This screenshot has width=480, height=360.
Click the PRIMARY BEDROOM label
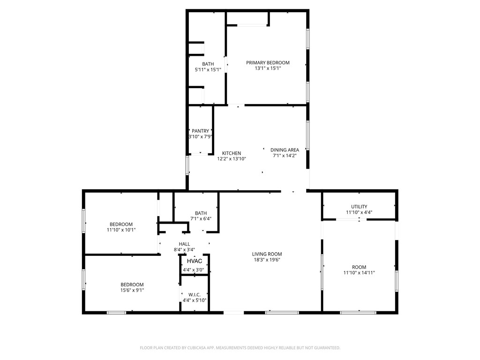[268, 63]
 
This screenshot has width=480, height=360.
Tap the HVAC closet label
[195, 261]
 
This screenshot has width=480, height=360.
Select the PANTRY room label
[201, 131]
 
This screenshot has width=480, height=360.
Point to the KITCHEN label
[232, 153]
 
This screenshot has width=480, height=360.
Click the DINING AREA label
[285, 150]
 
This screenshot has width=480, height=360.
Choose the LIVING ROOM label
[267, 254]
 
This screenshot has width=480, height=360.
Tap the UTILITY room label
[359, 207]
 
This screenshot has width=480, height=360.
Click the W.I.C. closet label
[195, 295]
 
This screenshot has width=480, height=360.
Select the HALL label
[184, 244]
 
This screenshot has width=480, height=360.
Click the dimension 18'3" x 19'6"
[267, 260]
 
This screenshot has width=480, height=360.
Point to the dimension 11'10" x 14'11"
[359, 273]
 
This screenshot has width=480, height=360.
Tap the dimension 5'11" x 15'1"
[208, 70]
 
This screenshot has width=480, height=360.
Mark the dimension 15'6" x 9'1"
[132, 290]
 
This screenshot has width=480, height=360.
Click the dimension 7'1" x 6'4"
[201, 219]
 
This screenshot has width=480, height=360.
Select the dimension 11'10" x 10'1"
[121, 230]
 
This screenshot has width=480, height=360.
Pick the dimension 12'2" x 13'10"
[232, 159]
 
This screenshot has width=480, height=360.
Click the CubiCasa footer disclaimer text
[240, 348]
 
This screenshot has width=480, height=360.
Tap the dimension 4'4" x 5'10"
[195, 300]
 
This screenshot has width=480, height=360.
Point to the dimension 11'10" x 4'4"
[359, 212]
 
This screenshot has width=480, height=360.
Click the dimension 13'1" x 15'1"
[268, 68]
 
